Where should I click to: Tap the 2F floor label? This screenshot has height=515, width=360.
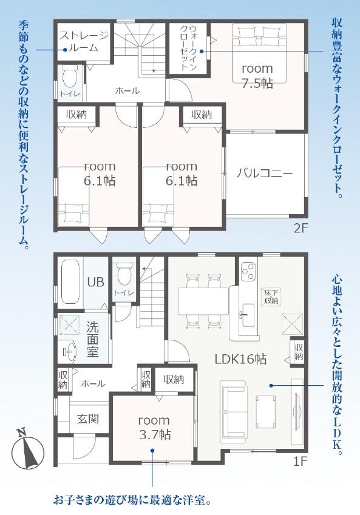point(300,228)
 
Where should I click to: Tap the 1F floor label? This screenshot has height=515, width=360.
point(300,462)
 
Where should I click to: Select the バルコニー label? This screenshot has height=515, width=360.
point(265,173)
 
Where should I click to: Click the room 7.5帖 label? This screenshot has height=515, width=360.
point(257,76)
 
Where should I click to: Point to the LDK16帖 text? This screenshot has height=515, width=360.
point(240,359)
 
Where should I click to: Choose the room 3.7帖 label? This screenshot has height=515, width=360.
point(154,428)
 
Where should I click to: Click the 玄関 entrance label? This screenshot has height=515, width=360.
point(88,419)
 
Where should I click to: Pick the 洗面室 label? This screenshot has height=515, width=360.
point(93,339)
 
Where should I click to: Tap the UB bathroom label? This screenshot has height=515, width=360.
point(96,282)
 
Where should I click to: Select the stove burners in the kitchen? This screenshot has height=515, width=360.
point(248,271)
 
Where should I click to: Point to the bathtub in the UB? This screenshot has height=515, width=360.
point(70,282)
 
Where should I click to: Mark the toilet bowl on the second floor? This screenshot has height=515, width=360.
point(69,76)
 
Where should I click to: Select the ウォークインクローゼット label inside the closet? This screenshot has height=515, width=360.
point(188,47)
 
